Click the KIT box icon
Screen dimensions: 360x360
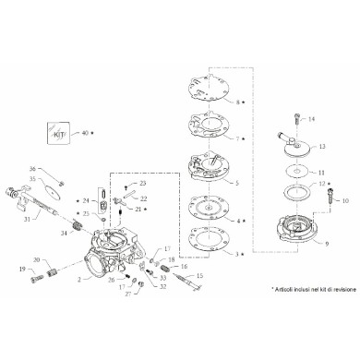60,133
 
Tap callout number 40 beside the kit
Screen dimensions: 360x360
86,133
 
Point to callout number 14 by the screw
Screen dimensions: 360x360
311,119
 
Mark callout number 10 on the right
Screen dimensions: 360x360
334,198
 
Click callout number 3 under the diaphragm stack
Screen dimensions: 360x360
237,253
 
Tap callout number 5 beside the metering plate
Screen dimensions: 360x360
237,184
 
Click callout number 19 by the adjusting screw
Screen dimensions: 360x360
21,270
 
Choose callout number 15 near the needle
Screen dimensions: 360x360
198,276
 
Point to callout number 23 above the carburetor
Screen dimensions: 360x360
142,185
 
